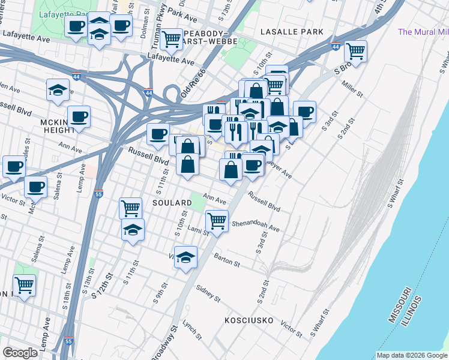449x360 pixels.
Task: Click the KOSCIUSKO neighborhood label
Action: tap(250, 320)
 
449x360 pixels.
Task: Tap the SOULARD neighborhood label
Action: tap(172, 203)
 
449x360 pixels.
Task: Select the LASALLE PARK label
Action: tap(292, 31)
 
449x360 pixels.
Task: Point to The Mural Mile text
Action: tap(423, 32)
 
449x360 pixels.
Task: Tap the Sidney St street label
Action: tap(208, 293)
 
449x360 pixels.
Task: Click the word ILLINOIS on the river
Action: tap(412, 311)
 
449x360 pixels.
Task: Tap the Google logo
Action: tap(20, 353)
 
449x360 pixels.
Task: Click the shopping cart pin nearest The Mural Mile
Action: tap(355, 51)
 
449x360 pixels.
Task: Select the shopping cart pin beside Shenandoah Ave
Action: tap(217, 220)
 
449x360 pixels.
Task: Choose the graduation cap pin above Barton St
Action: tap(186, 257)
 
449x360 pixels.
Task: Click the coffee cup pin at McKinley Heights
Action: tap(79, 116)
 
